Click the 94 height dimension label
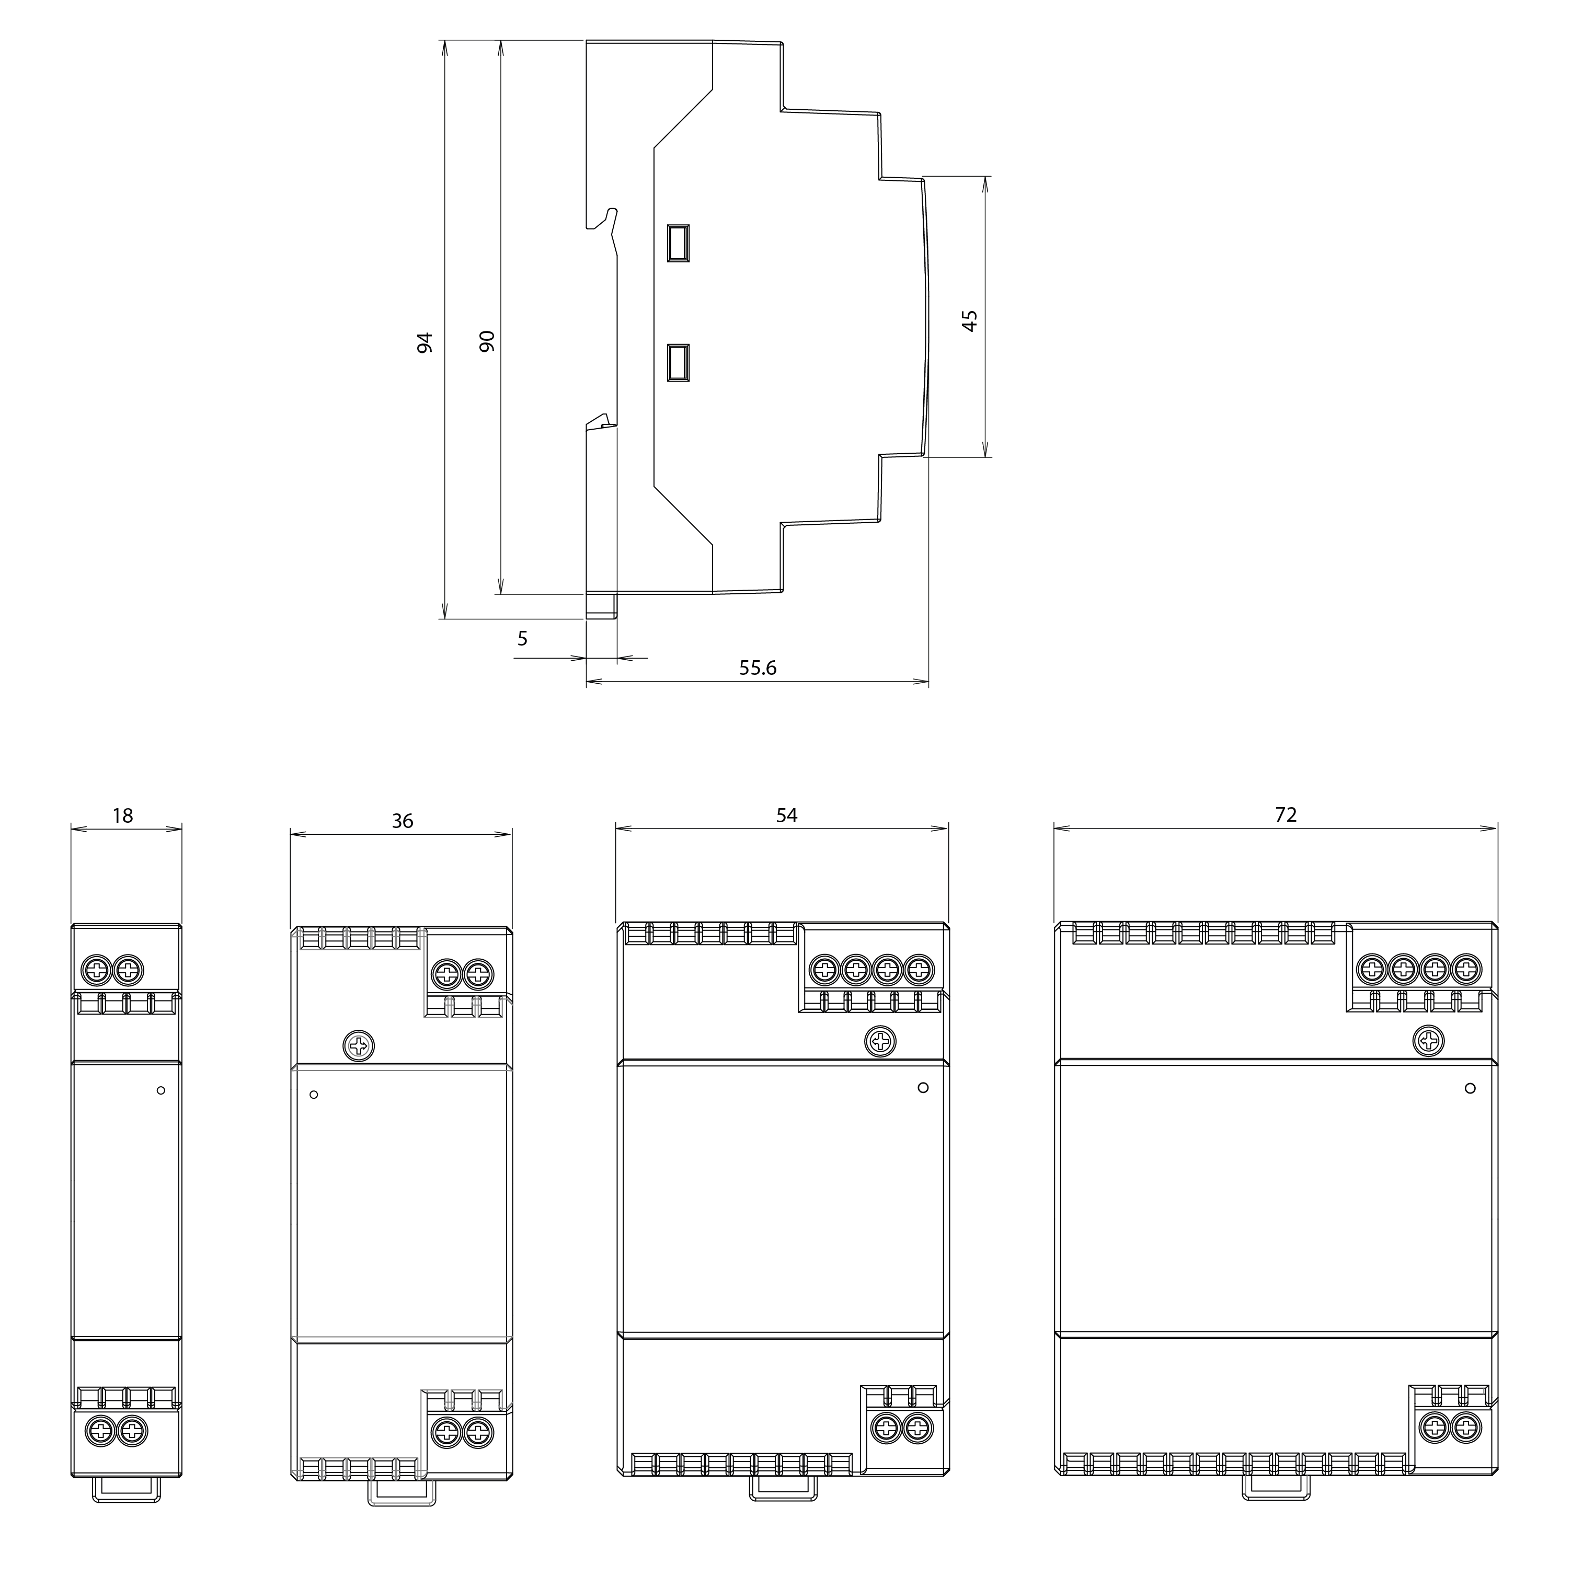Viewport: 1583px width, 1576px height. click(425, 342)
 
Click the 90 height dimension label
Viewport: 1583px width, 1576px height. click(487, 341)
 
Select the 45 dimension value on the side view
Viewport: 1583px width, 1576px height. click(969, 320)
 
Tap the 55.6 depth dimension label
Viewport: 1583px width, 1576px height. click(758, 668)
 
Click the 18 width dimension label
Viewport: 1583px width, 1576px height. click(123, 816)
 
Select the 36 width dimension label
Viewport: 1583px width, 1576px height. click(403, 821)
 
